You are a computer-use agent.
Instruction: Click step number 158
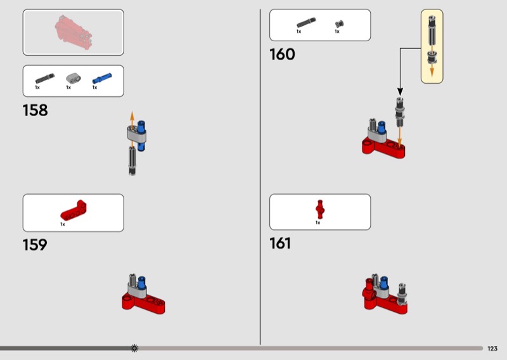(x=35, y=110)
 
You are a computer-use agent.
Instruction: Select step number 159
(x=35, y=245)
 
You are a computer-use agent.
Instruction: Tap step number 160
(x=282, y=55)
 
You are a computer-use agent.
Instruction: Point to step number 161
(x=280, y=243)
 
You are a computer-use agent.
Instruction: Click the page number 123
(x=492, y=349)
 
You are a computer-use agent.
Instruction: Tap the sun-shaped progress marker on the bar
(x=134, y=348)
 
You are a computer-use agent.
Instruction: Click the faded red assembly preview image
(x=74, y=32)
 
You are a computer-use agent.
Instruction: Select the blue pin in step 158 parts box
(x=102, y=79)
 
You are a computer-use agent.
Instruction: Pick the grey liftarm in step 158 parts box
(x=74, y=77)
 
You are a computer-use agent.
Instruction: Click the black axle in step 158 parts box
(x=44, y=79)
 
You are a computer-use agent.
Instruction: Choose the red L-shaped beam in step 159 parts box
(x=74, y=210)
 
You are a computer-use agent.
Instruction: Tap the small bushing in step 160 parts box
(x=339, y=24)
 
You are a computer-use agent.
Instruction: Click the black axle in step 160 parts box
(x=306, y=23)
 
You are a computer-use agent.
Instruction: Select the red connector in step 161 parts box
(x=320, y=209)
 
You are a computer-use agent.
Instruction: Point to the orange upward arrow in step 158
(x=132, y=121)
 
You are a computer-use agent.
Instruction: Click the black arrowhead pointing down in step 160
(x=400, y=92)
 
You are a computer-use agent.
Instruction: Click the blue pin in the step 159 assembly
(x=141, y=282)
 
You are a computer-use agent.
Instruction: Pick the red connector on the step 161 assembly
(x=369, y=288)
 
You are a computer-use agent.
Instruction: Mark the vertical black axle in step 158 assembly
(x=132, y=161)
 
